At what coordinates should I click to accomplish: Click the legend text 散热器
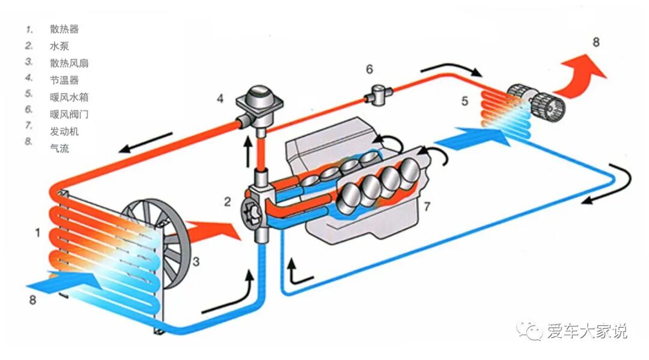(x=64, y=28)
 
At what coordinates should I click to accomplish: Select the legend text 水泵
(x=59, y=45)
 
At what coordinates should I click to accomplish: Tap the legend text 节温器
(x=64, y=79)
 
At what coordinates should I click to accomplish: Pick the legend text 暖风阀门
(x=69, y=114)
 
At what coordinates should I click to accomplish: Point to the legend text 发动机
(x=64, y=131)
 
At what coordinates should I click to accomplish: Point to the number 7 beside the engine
(x=426, y=207)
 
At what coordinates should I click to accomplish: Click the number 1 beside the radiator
(x=37, y=232)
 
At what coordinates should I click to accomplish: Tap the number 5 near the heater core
(x=465, y=100)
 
